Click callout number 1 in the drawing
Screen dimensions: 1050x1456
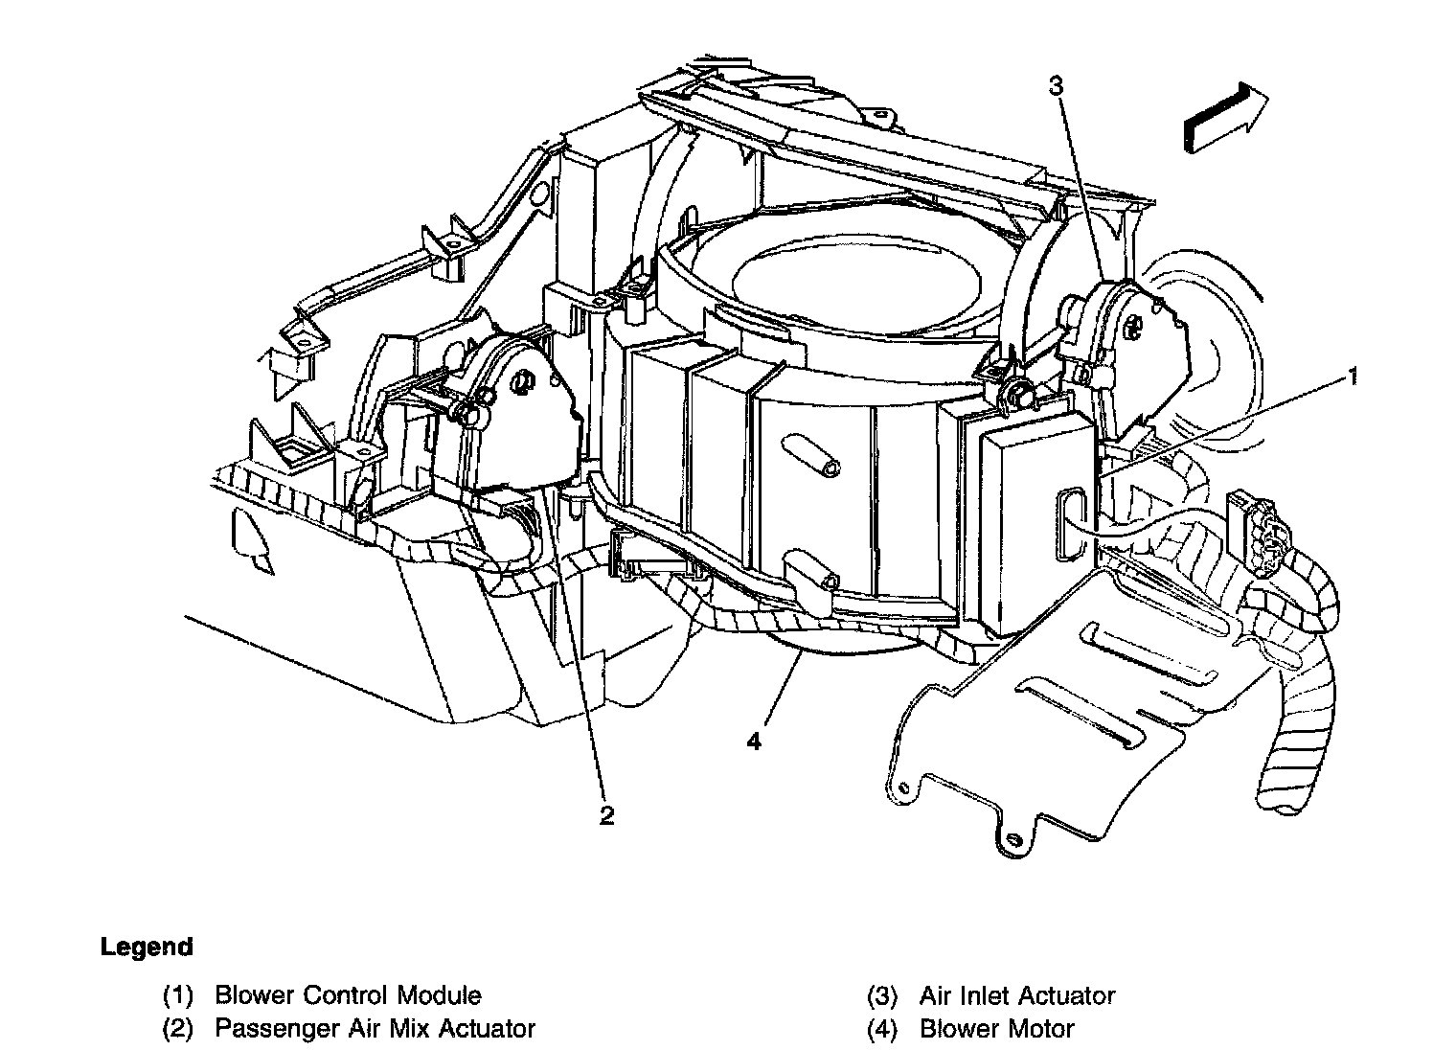pos(1353,377)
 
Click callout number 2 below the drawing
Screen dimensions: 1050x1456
pos(605,815)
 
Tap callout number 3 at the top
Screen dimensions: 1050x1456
pos(1055,87)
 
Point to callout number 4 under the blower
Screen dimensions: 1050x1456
pos(754,741)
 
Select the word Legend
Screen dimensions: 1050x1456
pos(147,947)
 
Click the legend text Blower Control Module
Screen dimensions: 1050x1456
pos(348,995)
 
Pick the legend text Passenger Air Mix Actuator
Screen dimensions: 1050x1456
pos(375,1029)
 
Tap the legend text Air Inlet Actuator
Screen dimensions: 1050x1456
pos(1017,995)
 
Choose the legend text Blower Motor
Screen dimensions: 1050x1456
pos(996,1029)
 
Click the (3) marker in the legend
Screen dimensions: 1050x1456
pos(881,995)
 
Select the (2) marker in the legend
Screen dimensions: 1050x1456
pos(177,1029)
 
